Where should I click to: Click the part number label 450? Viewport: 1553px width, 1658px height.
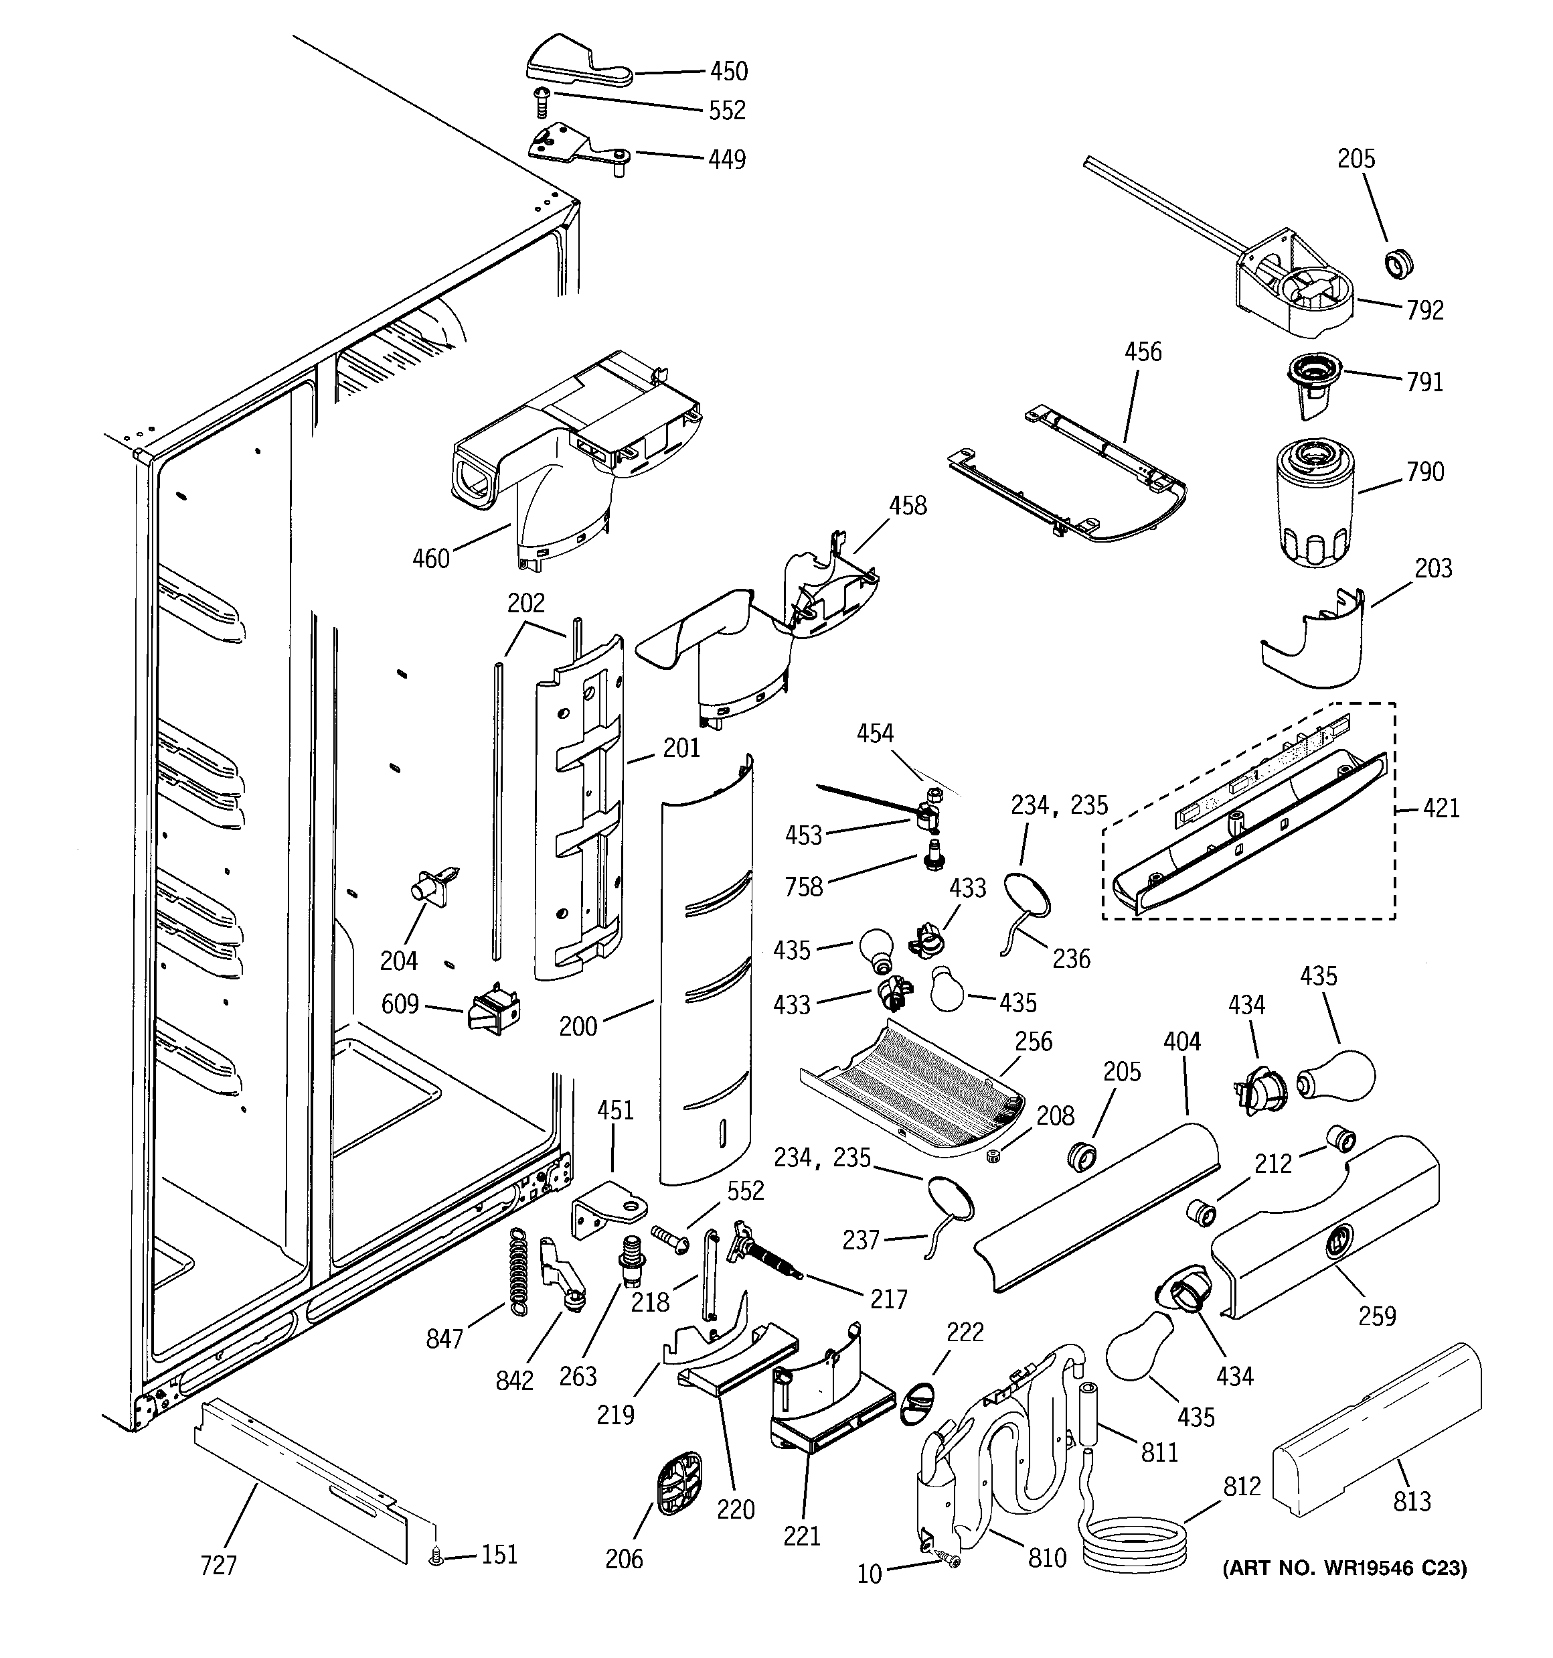point(728,72)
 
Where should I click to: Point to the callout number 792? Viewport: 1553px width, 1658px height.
point(1424,310)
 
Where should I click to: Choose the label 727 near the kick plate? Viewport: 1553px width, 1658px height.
point(218,1566)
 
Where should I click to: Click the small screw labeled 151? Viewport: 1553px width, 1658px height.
point(435,1555)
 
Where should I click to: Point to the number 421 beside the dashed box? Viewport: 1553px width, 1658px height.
point(1441,808)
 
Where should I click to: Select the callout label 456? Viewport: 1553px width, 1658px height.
point(1142,352)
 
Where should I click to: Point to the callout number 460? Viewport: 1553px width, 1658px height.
point(431,558)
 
